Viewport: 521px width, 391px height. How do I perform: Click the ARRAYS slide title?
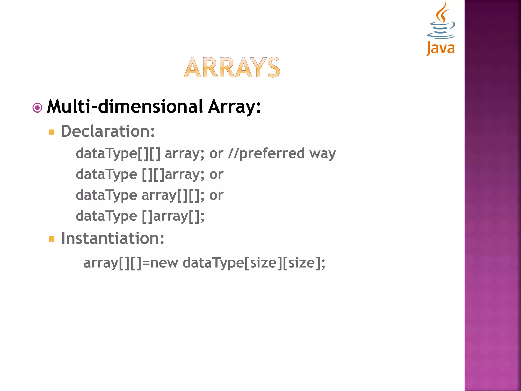[x=232, y=67]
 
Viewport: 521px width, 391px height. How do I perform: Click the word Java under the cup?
[x=441, y=48]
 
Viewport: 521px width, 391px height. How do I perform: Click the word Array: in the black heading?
[x=235, y=107]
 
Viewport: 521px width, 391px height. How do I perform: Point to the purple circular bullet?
[x=37, y=108]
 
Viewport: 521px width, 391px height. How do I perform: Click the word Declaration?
[x=108, y=131]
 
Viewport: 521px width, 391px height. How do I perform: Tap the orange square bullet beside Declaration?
[x=52, y=132]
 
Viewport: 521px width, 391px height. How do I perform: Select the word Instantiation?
[x=113, y=238]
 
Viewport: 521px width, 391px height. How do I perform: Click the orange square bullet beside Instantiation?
[x=52, y=239]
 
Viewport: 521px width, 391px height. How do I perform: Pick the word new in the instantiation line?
[x=164, y=263]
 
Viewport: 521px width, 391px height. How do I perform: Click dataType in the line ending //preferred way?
[x=106, y=153]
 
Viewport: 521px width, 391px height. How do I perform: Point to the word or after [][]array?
[x=216, y=175]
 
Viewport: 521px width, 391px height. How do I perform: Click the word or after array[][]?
[x=216, y=195]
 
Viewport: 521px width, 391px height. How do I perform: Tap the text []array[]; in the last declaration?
[x=173, y=216]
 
